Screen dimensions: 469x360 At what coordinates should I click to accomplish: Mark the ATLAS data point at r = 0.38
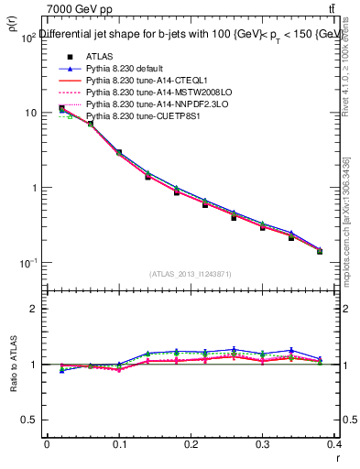point(320,251)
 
